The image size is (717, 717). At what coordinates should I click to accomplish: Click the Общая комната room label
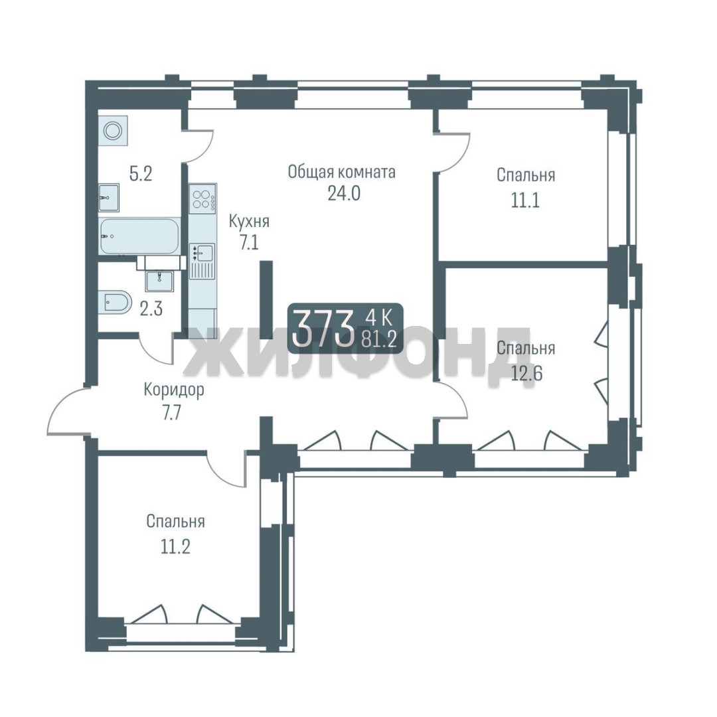[x=342, y=173]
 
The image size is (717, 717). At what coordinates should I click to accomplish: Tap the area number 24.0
[x=344, y=194]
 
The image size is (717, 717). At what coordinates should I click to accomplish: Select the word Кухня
[x=249, y=222]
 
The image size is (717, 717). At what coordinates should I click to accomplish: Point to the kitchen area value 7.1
[x=250, y=242]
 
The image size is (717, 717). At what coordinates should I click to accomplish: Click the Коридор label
[x=174, y=391]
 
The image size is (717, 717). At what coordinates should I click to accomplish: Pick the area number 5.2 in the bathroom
[x=140, y=174]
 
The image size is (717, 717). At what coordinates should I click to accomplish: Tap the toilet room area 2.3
[x=151, y=309]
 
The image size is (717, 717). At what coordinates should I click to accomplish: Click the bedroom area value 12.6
[x=526, y=374]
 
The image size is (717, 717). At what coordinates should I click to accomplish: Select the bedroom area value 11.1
[x=525, y=200]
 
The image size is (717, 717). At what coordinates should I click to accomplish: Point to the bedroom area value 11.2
[x=175, y=546]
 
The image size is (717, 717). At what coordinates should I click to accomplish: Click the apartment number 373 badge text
[x=323, y=328]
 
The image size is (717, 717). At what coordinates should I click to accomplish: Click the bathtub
[x=139, y=236]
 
